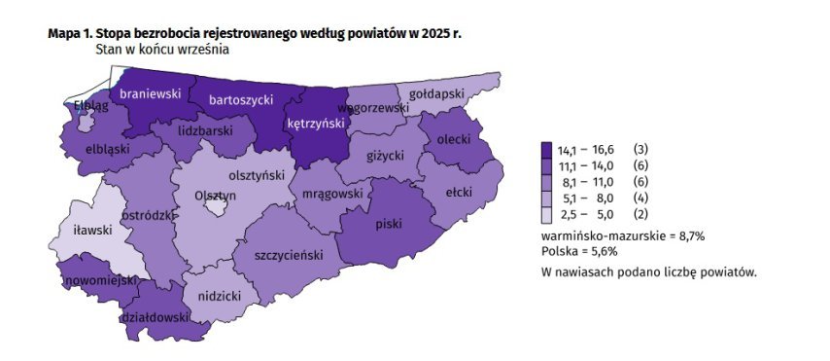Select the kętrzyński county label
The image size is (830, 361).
coord(318,124)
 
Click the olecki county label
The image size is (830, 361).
coord(454,140)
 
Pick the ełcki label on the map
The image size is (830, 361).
coord(459,193)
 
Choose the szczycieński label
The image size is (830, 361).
coord(288,255)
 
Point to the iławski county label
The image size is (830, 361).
coord(93,231)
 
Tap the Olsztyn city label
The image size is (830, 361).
coord(216,196)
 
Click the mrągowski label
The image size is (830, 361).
coord(332,194)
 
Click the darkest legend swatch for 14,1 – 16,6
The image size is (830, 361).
coord(547,149)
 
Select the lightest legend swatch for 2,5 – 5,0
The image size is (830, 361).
coord(547,214)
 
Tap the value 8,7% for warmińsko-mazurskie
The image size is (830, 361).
coord(687,236)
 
